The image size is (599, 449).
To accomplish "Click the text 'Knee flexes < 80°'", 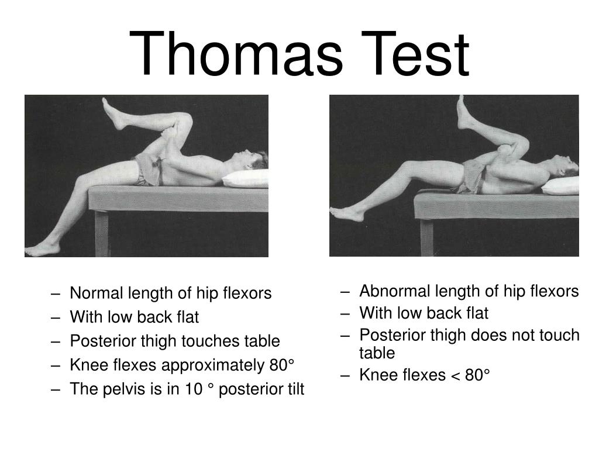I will (424, 375).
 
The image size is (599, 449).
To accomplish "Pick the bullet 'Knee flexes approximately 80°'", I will (182, 365).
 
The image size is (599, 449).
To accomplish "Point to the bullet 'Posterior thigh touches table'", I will (174, 341).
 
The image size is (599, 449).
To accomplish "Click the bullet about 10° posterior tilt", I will (187, 389).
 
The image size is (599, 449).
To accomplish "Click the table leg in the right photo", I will (426, 237).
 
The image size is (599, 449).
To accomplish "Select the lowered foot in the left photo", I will (42, 248).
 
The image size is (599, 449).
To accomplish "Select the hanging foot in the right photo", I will (349, 213).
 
